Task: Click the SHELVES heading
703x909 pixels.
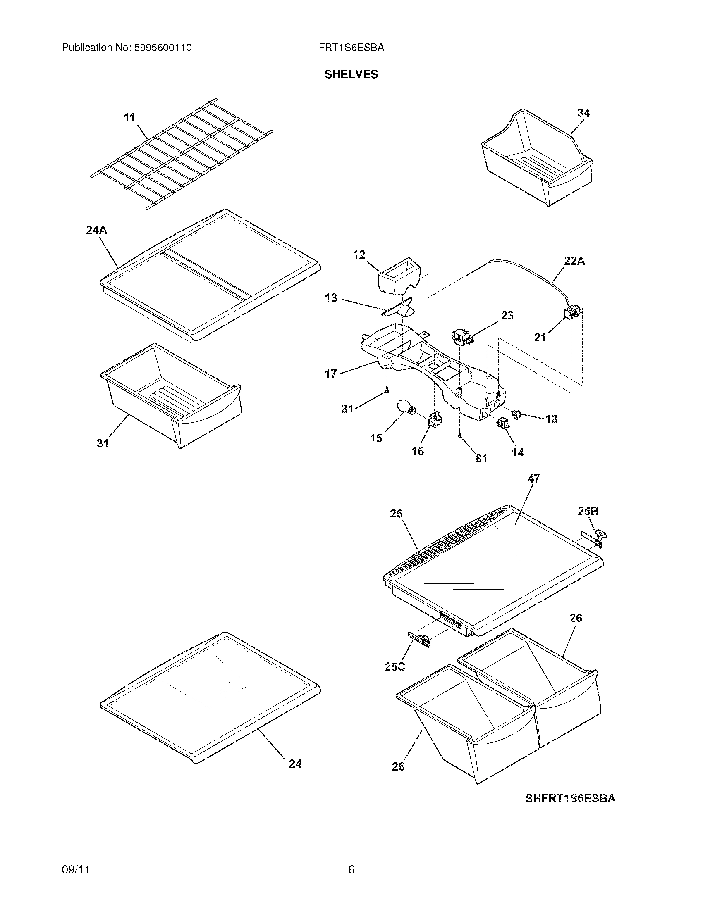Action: point(351,74)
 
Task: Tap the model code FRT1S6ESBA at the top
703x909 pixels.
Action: point(351,48)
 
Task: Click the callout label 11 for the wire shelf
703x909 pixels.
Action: point(129,117)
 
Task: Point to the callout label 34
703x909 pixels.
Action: point(583,113)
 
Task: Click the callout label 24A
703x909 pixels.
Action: point(97,230)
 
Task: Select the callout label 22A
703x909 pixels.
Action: point(574,261)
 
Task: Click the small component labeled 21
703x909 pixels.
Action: point(573,314)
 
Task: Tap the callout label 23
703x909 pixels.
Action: point(507,315)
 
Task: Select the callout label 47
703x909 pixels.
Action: point(533,478)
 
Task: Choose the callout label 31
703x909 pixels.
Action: point(103,443)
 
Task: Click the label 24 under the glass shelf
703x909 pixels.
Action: point(295,764)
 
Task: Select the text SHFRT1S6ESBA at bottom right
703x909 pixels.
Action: point(570,799)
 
